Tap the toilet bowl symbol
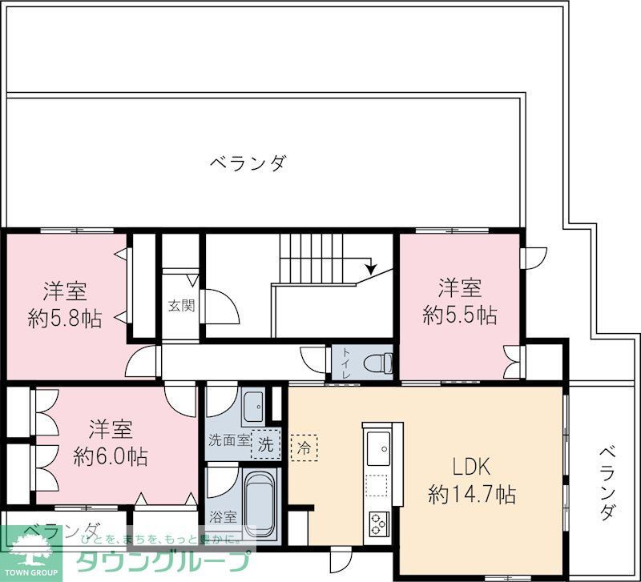(x=376, y=363)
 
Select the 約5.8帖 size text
(x=65, y=318)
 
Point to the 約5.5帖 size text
(x=459, y=315)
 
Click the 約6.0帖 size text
(x=111, y=456)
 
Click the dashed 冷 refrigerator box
(x=304, y=445)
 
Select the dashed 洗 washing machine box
(x=264, y=445)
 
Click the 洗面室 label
(x=228, y=440)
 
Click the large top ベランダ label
(x=248, y=163)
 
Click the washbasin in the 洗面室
(x=253, y=407)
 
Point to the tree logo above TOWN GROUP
(x=30, y=552)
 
